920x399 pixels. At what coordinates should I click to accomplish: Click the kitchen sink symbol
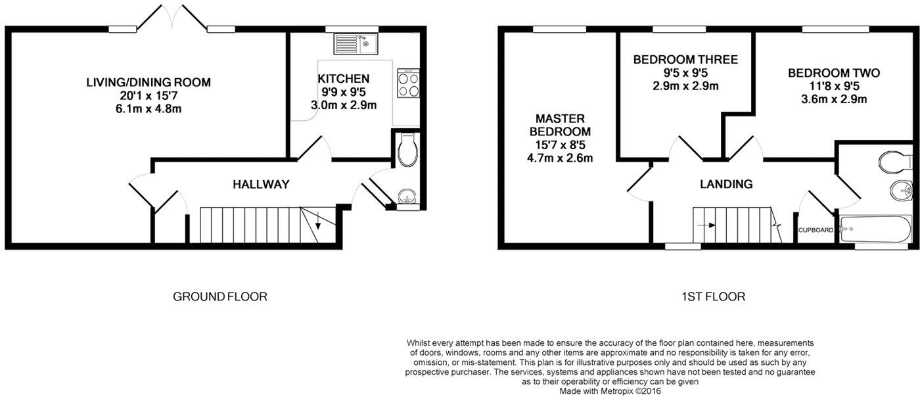pos(355,43)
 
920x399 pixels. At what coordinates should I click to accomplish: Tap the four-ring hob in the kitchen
pos(407,83)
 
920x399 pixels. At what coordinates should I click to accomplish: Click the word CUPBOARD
pos(816,230)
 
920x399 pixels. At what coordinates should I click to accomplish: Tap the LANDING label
pos(726,184)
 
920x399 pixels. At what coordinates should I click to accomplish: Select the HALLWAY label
pos(261,184)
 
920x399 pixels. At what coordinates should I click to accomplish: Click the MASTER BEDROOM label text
pos(561,125)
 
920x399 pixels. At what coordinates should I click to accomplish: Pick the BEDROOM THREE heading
pos(685,60)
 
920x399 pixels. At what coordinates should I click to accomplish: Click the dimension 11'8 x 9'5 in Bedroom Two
pos(834,87)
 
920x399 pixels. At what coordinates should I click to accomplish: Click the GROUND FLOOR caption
pos(219,296)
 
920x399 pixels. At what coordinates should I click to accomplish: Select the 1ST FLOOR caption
pos(714,296)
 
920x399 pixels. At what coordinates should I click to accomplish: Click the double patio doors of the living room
pos(172,16)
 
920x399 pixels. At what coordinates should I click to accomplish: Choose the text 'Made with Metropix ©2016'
pos(610,390)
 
